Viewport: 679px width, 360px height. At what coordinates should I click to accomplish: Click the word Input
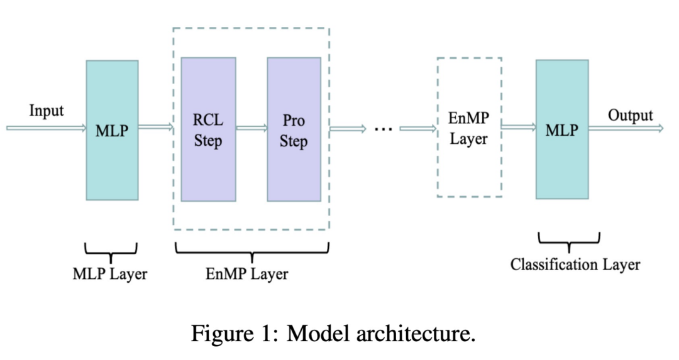tap(47, 111)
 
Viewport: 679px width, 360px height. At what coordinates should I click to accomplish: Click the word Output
tap(630, 116)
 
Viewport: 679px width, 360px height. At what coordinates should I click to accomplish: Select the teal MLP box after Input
tap(112, 130)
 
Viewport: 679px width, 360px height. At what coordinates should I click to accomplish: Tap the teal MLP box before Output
tap(562, 129)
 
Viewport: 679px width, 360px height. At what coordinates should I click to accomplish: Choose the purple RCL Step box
tap(208, 129)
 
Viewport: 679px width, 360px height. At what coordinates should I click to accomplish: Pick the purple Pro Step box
tap(294, 129)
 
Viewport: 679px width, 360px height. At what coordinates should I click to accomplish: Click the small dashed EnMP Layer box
tap(469, 128)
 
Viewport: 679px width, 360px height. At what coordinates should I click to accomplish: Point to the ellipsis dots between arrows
tap(383, 129)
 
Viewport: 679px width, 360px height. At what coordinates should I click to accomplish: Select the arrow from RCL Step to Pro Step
tap(251, 128)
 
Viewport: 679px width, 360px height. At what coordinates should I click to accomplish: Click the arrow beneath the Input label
tap(46, 128)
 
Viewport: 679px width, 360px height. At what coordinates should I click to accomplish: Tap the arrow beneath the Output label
tap(626, 128)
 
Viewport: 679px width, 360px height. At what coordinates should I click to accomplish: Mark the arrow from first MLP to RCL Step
tap(156, 128)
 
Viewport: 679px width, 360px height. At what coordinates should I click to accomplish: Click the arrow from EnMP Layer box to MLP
tap(519, 128)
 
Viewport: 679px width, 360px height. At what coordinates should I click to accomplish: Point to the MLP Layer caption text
tap(110, 274)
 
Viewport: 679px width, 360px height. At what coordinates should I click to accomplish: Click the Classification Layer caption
tap(575, 264)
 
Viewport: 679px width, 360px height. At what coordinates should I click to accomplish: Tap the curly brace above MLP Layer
tap(112, 251)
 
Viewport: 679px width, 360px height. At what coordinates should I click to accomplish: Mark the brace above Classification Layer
tap(569, 241)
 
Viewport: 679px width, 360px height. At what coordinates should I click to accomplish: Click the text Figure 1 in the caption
tap(236, 332)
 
